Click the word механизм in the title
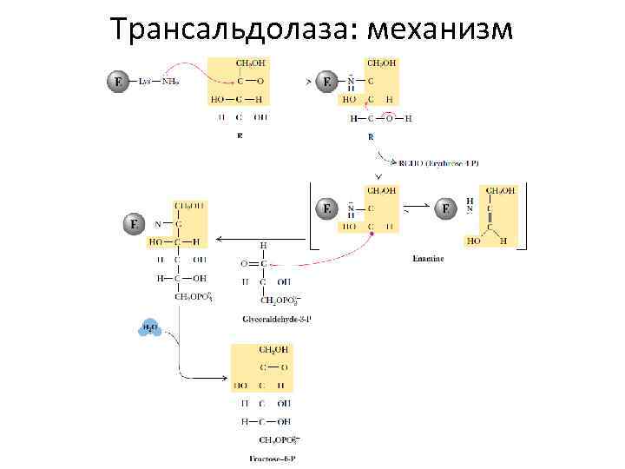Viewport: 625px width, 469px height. [441, 29]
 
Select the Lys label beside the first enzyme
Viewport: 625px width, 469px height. [146, 83]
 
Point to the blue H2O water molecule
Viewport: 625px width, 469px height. [149, 328]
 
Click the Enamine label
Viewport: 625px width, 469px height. [428, 258]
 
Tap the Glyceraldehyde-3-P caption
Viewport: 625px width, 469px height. [277, 319]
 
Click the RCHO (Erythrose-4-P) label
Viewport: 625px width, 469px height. [438, 162]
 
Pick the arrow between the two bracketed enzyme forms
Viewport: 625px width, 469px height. [416, 209]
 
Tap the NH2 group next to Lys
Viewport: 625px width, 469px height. [170, 83]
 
